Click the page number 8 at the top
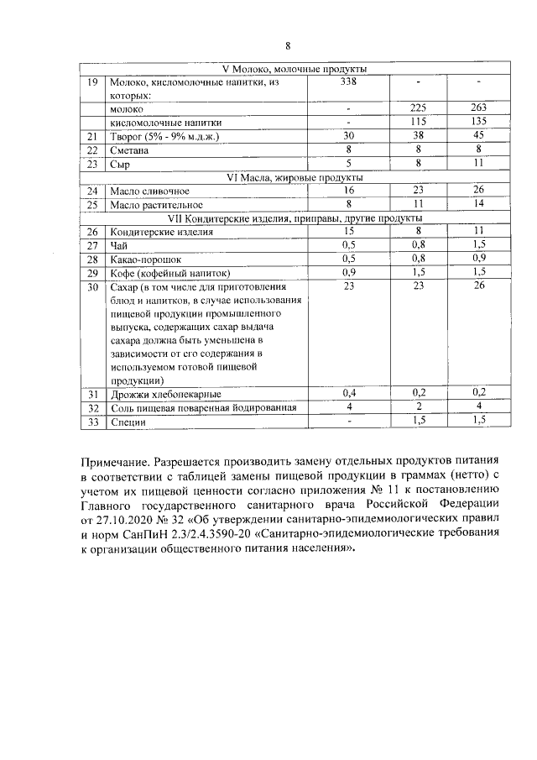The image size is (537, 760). pyautogui.click(x=288, y=45)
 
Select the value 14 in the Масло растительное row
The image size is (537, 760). pyautogui.click(x=477, y=204)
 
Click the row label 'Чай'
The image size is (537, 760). pyautogui.click(x=119, y=245)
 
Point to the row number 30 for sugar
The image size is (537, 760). pyautogui.click(x=93, y=286)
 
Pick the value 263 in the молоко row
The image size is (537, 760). pyautogui.click(x=477, y=108)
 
